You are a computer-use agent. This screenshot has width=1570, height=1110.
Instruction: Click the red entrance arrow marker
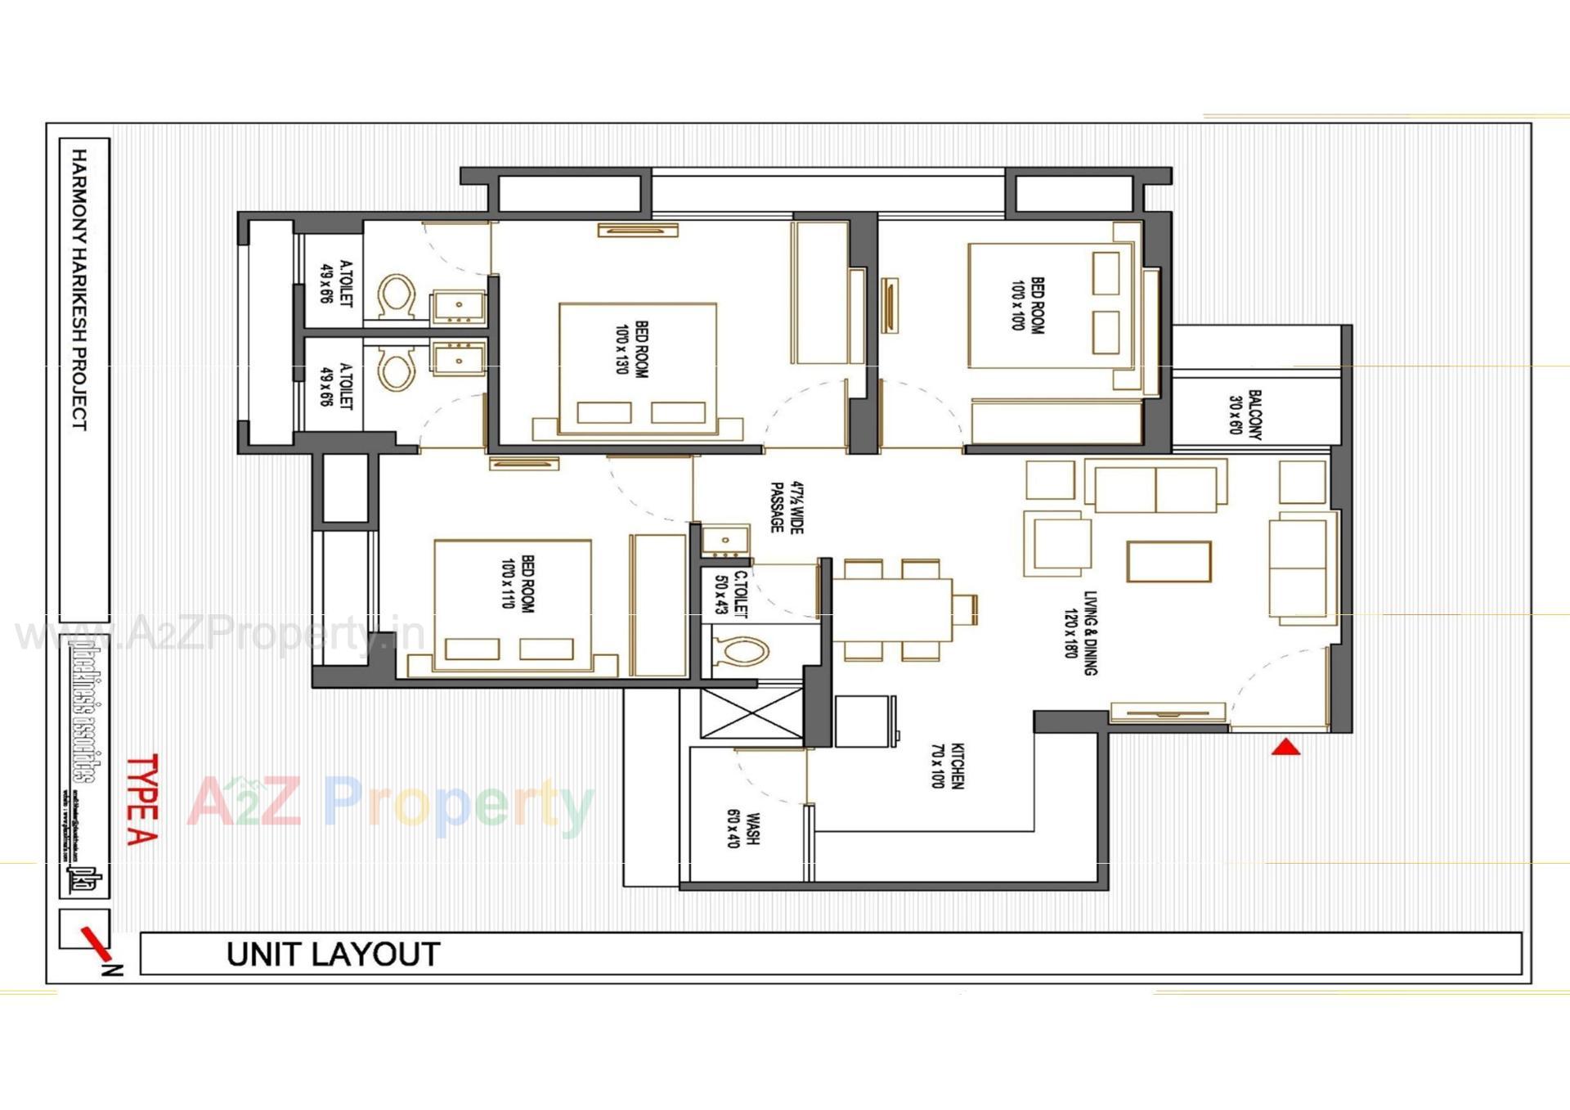[x=1285, y=747]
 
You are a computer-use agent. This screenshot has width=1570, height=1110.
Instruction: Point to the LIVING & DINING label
[x=1080, y=633]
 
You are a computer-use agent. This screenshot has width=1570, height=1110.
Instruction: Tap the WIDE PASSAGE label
[x=787, y=508]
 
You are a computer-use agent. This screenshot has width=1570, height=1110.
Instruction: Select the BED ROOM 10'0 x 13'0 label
[x=631, y=348]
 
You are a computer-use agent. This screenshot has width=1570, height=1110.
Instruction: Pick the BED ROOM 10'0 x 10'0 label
[x=1028, y=304]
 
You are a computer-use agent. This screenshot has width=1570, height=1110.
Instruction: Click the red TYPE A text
[x=142, y=799]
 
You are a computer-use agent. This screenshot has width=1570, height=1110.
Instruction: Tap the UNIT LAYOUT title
[x=333, y=955]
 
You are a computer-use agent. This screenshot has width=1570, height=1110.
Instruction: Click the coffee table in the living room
[x=1169, y=561]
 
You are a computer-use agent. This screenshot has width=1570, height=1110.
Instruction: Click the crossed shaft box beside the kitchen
[x=751, y=714]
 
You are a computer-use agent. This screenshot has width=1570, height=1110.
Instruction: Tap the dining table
[x=891, y=609]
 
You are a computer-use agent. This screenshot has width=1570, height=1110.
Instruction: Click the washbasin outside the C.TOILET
[x=726, y=540]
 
